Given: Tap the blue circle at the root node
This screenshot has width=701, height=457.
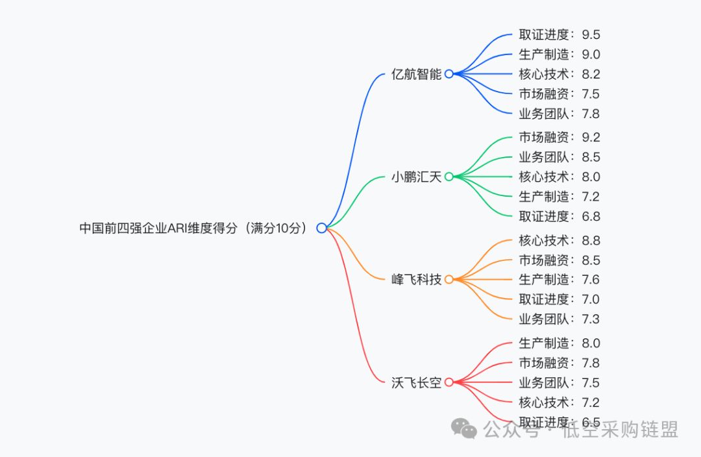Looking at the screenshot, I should click(x=321, y=228).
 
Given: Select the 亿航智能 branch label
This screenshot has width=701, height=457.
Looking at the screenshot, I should click(x=416, y=74).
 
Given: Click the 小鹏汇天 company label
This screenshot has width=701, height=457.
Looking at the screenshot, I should click(x=416, y=177).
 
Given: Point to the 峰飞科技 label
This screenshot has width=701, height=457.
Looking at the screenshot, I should click(x=416, y=280).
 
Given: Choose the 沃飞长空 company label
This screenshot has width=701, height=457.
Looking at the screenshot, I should click(x=416, y=382).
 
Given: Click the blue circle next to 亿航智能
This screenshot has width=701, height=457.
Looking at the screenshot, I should click(x=449, y=74).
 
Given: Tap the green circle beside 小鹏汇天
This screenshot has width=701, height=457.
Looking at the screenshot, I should click(x=449, y=177).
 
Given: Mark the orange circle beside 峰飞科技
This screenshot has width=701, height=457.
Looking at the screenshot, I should click(x=449, y=280).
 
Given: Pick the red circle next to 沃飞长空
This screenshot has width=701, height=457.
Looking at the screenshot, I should click(x=449, y=382).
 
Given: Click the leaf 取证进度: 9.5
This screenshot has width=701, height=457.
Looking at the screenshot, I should click(x=559, y=34).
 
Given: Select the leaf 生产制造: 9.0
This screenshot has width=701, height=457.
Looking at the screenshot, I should click(x=559, y=55).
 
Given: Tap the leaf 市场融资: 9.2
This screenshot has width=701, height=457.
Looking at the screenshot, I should click(x=559, y=137).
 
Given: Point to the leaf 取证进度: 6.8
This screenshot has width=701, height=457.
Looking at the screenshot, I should click(x=559, y=216).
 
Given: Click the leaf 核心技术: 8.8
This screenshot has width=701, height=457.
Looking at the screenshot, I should click(x=559, y=240).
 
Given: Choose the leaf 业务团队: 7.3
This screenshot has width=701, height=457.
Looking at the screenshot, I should click(x=559, y=319).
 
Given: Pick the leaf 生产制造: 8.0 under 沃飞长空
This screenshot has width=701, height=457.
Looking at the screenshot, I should click(x=559, y=343).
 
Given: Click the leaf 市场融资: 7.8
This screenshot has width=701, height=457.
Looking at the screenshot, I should click(x=559, y=363).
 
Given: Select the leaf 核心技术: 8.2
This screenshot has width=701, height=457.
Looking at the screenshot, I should click(x=559, y=74).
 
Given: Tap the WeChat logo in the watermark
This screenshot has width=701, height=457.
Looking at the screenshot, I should click(x=465, y=428).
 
